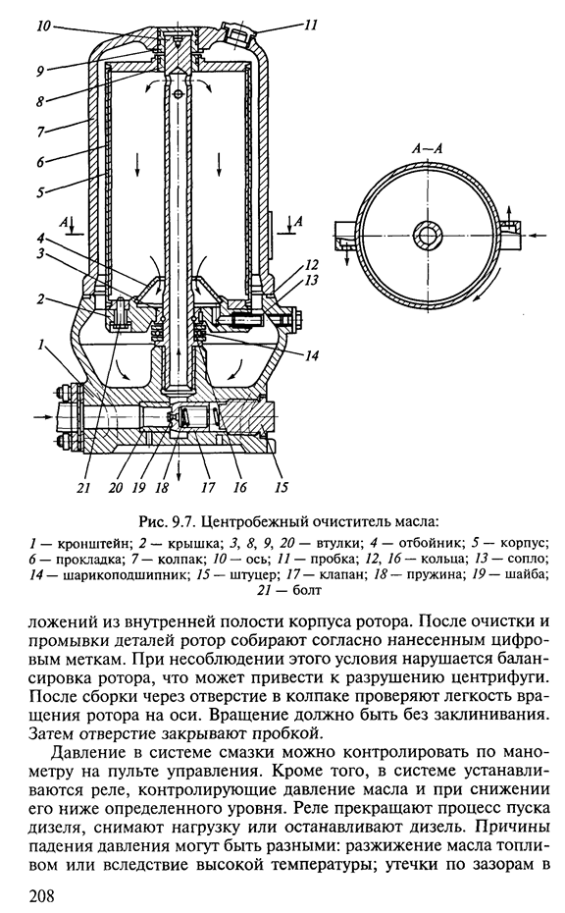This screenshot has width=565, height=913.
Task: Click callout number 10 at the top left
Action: coord(44,27)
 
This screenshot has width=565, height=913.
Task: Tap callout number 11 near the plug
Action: coord(310,26)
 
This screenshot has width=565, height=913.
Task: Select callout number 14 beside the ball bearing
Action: coord(313,355)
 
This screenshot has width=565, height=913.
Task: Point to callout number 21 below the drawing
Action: coord(84,487)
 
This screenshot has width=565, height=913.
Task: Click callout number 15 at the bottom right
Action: coord(282,487)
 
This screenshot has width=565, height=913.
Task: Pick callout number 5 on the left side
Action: coord(41,192)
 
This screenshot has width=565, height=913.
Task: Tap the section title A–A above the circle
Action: coord(427,148)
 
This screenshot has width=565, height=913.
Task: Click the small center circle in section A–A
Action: coord(429,235)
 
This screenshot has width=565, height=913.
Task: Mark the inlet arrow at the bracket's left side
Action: coord(43,417)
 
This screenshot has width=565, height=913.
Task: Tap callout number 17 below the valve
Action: coord(208,487)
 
